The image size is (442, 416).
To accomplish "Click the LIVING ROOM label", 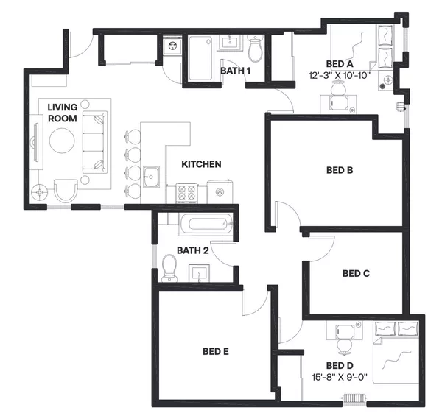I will pos(63,113).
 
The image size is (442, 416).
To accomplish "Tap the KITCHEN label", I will pos(203,164).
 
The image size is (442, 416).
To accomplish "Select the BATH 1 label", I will pos(236,71).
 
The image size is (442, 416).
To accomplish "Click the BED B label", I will pos(340,170).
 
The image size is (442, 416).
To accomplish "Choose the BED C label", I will pos(356,273).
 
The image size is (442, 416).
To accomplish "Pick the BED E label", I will pos(216,351).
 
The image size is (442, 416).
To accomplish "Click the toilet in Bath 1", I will pos(256,49).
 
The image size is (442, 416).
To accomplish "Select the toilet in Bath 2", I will pos(169,267).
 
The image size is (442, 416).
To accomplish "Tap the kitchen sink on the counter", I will pos(153,177).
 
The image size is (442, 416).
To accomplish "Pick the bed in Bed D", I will pos(396,352).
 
